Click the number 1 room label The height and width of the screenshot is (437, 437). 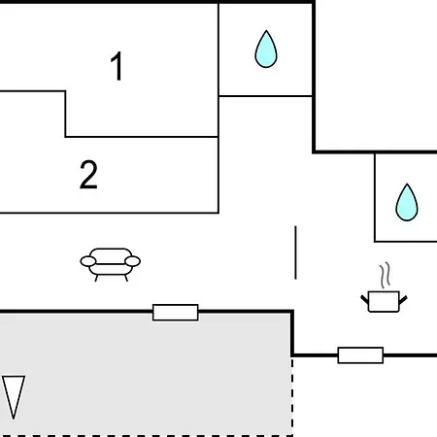pyautogui.click(x=117, y=66)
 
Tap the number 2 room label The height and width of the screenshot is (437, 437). pyautogui.click(x=88, y=175)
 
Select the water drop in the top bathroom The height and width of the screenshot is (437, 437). pyautogui.click(x=266, y=50)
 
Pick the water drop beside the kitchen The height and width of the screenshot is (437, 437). pyautogui.click(x=407, y=203)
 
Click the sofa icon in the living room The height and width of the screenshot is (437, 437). pyautogui.click(x=111, y=264)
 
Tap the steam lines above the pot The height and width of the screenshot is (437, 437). pyautogui.click(x=385, y=276)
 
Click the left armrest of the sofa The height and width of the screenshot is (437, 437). pyautogui.click(x=88, y=261)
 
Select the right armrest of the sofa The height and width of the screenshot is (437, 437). pyautogui.click(x=132, y=261)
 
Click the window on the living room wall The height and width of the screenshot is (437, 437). pyautogui.click(x=176, y=313)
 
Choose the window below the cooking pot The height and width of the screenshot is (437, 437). pyautogui.click(x=360, y=355)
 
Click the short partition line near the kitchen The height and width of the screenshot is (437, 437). pyautogui.click(x=295, y=252)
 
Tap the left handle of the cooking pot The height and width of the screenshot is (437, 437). pyautogui.click(x=364, y=299)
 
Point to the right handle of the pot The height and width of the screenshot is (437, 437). pyautogui.click(x=403, y=300)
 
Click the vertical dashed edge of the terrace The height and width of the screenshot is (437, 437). pyautogui.click(x=292, y=396)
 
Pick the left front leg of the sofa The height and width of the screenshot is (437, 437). pyautogui.click(x=96, y=278)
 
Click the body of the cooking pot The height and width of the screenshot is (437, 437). pyautogui.click(x=384, y=302)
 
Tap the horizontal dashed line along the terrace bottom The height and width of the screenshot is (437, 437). pyautogui.click(x=147, y=436)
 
